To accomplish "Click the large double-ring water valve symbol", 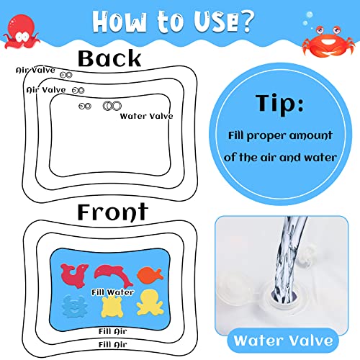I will click(110, 106).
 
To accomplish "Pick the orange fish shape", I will click(148, 273).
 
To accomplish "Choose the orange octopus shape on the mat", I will click(148, 303).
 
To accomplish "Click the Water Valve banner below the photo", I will click(282, 338).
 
